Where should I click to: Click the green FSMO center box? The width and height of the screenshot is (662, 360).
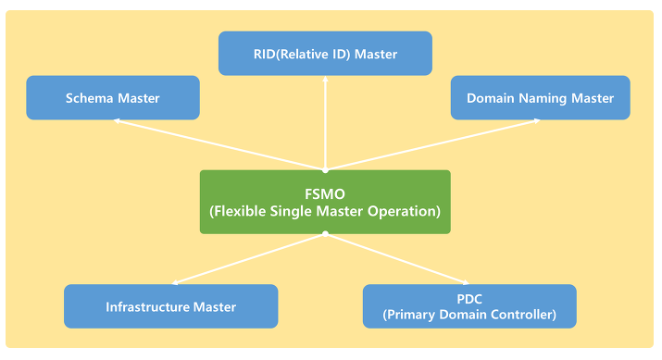pos(325,201)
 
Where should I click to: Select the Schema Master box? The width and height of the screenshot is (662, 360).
pos(113,98)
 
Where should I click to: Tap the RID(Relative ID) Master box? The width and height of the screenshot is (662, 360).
pos(325,54)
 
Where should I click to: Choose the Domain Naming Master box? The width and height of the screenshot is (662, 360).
pos(540,98)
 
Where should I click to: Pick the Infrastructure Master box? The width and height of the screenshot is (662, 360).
pos(170,306)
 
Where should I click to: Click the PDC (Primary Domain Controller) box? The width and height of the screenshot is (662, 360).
pos(469,306)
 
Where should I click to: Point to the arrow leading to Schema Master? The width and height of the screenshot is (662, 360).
pos(222,145)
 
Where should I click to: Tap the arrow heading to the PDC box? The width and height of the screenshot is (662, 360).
pos(398,258)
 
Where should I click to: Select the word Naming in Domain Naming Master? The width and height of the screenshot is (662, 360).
pos(540,98)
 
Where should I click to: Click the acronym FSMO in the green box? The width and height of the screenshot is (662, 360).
pos(325,192)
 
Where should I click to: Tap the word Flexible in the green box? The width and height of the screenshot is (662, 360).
pos(241,211)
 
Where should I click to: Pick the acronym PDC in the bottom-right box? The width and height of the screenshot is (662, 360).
pos(469,298)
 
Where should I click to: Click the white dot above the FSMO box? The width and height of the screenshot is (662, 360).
pos(325,170)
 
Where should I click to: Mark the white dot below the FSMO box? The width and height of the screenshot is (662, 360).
pos(325,233)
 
